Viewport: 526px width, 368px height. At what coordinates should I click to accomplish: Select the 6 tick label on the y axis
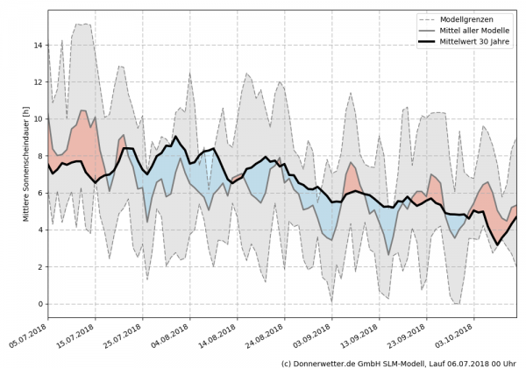point(39,193)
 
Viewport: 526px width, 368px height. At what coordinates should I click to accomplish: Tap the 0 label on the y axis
point(39,304)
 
